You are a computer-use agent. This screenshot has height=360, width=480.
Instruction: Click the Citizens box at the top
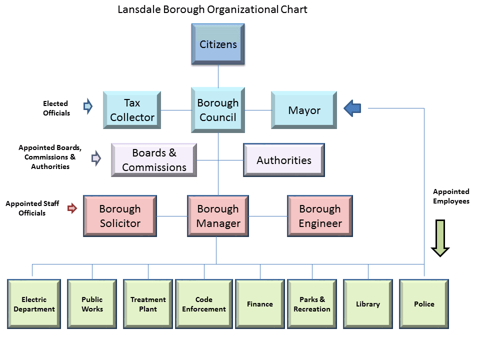pos(218,44)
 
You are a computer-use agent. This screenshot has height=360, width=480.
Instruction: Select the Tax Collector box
pos(132,110)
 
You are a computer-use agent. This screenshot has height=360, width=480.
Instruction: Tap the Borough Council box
pos(218,110)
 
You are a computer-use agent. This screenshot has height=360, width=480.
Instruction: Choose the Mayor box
pos(304,110)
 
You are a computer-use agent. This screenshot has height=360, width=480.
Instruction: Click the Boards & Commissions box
pos(154,160)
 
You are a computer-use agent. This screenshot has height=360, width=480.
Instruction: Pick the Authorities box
pos(284,160)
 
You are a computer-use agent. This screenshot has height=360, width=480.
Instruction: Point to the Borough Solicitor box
pos(120,216)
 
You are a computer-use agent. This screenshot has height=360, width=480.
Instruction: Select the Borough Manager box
pos(218,216)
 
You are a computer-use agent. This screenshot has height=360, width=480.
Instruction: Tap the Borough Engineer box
pos(320,216)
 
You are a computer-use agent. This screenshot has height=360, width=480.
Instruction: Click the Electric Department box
pos(34,304)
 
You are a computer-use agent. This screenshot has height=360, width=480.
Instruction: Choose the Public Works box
pos(92,304)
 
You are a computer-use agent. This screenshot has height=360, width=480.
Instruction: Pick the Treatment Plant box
pos(148,304)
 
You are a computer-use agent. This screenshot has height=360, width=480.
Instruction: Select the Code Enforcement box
pos(204,304)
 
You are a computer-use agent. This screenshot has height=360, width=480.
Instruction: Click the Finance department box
pos(260,304)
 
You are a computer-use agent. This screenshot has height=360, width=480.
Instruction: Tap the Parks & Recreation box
pos(312,304)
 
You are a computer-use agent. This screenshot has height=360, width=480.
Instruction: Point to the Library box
pos(368,304)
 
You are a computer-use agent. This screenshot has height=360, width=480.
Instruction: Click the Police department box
pos(424,304)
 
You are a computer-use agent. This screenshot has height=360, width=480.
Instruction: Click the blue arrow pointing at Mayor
pos(353,108)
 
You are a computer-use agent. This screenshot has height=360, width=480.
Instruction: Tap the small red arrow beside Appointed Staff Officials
pos(72,208)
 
